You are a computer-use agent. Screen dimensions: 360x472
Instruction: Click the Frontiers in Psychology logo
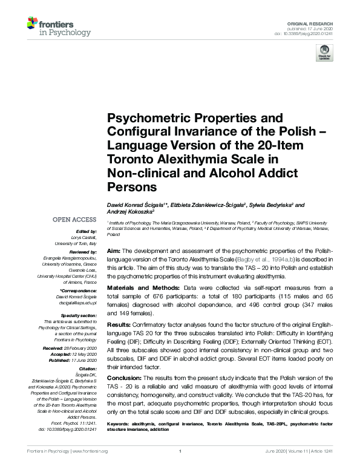point(59,27)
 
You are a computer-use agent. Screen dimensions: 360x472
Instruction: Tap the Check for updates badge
point(325,52)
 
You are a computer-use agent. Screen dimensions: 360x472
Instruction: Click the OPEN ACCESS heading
point(74,219)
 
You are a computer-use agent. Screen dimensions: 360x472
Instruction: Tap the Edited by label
point(87,231)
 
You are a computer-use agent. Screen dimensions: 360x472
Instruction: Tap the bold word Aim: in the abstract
point(113,250)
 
